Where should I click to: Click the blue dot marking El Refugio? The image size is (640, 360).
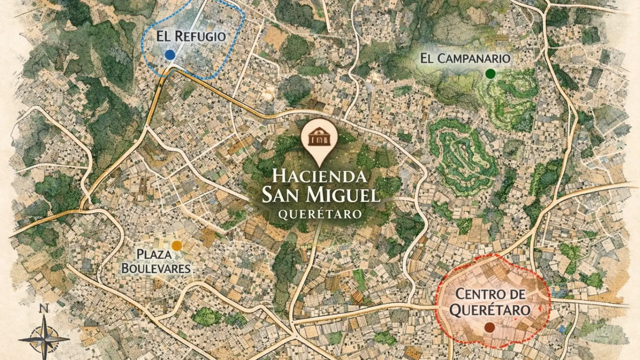tap(170, 55)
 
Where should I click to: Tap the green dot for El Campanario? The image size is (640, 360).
tap(490, 74)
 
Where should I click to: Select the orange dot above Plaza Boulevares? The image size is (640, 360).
tap(177, 246)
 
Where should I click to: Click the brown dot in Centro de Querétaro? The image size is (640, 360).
tap(489, 327)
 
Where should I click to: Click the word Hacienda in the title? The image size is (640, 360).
tap(319, 176)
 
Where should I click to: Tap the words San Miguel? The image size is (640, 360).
tap(321, 195)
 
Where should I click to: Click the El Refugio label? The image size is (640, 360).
tap(191, 36)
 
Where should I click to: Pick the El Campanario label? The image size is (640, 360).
tap(465, 59)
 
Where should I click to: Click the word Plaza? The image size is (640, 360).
tap(149, 255)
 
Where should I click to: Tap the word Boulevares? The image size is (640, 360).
tap(156, 268)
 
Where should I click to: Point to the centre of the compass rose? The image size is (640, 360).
tap(44, 339)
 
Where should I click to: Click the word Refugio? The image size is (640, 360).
tap(200, 36)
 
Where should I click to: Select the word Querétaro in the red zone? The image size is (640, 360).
tap(490, 310)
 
